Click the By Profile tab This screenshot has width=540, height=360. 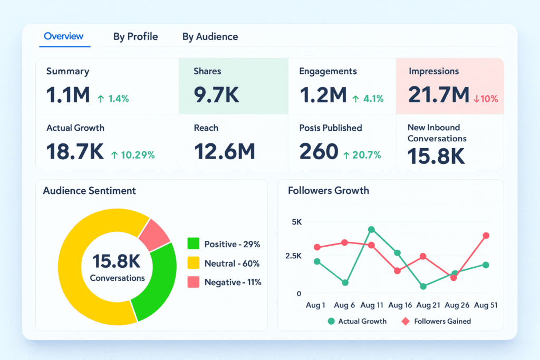[136, 37]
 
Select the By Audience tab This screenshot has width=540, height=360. [210, 37]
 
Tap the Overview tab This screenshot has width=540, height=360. [63, 36]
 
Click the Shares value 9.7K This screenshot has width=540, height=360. [216, 95]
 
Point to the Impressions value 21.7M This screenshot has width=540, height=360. [438, 95]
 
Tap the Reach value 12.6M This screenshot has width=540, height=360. [224, 152]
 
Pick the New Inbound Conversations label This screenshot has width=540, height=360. [437, 133]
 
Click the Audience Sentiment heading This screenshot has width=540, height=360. [89, 191]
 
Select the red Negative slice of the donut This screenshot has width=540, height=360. [153, 235]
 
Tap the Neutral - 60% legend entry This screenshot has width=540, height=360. [224, 264]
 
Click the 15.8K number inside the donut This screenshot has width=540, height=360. [117, 261]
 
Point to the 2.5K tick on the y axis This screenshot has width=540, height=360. [293, 256]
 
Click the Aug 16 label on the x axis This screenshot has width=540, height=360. [400, 305]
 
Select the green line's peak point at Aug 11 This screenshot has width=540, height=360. [371, 229]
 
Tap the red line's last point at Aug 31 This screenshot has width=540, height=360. [486, 236]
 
